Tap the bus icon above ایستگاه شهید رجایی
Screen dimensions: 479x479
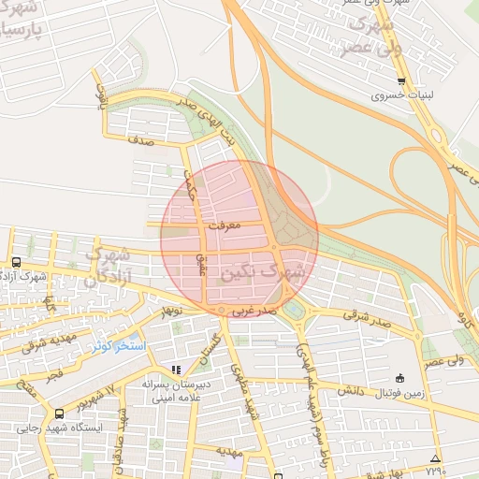click(60, 414)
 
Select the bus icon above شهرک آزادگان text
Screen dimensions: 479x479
click(16, 263)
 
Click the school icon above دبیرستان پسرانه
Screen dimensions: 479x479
click(176, 370)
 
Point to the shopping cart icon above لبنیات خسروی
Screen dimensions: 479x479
click(401, 81)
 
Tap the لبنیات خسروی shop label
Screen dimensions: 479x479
click(401, 95)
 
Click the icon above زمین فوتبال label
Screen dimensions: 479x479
click(400, 379)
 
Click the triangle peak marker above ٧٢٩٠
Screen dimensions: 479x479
click(433, 457)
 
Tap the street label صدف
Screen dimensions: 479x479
click(142, 141)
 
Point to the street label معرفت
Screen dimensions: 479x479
click(225, 225)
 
